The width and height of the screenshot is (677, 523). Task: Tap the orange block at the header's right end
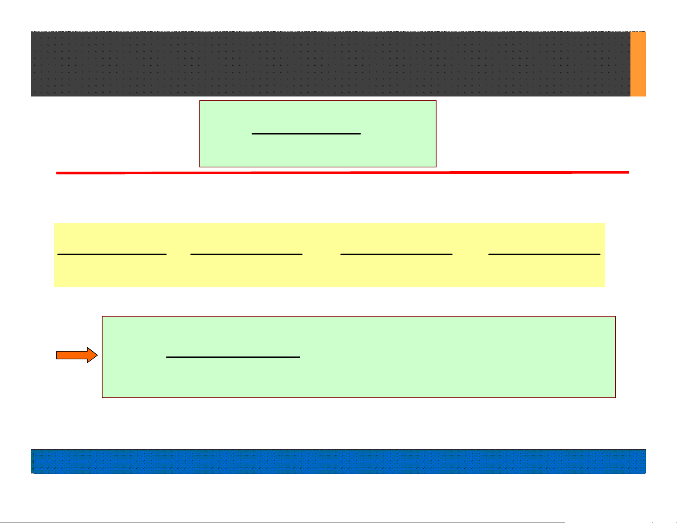tap(638, 64)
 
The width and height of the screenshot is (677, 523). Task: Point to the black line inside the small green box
tap(306, 134)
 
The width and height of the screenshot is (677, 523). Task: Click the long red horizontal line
tap(342, 172)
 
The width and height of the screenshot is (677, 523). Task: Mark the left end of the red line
tap(57, 173)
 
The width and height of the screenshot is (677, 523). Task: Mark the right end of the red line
tap(629, 172)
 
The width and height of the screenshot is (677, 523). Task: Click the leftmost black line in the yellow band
tap(112, 254)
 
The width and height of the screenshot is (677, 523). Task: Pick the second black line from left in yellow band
tap(246, 254)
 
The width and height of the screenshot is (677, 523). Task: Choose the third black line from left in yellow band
tap(396, 254)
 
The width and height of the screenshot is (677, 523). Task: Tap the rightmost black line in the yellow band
tap(544, 254)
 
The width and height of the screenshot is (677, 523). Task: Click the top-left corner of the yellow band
tap(54, 224)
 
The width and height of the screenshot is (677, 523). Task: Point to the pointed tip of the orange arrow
tap(97, 355)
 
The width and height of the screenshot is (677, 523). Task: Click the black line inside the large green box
tap(233, 356)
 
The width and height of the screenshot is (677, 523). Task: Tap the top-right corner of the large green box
tap(615, 317)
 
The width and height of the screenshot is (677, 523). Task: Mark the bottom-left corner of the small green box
tap(200, 167)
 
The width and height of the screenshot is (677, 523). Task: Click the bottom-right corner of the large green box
tap(615, 397)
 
